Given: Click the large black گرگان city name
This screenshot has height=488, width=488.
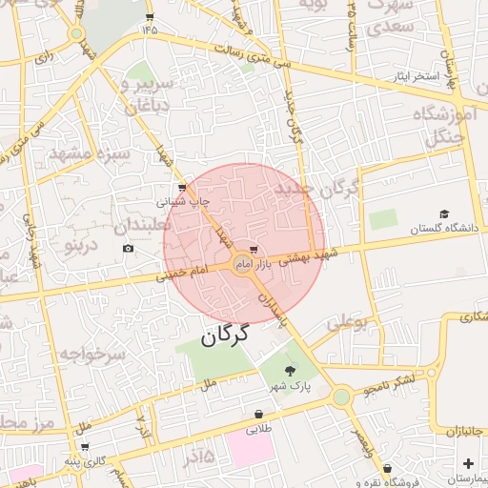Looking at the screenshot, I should click(x=225, y=335).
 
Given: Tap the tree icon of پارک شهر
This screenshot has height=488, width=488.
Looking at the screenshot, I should click(x=290, y=370).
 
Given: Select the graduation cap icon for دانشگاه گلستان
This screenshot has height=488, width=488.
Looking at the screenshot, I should click(x=443, y=213).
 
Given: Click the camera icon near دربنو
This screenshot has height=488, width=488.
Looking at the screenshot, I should click(x=129, y=249).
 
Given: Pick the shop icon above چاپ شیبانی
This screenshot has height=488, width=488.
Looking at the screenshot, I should click(x=182, y=187).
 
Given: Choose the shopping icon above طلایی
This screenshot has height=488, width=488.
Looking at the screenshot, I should click(x=258, y=414).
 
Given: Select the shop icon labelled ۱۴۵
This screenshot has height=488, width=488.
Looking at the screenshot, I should click(x=150, y=17).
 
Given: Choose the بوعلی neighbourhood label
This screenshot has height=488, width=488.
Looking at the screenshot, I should click(x=348, y=323).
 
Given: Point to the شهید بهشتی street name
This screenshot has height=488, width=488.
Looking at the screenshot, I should click(x=315, y=254).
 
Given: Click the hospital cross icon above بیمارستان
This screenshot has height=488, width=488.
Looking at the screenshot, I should click(x=466, y=463).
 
